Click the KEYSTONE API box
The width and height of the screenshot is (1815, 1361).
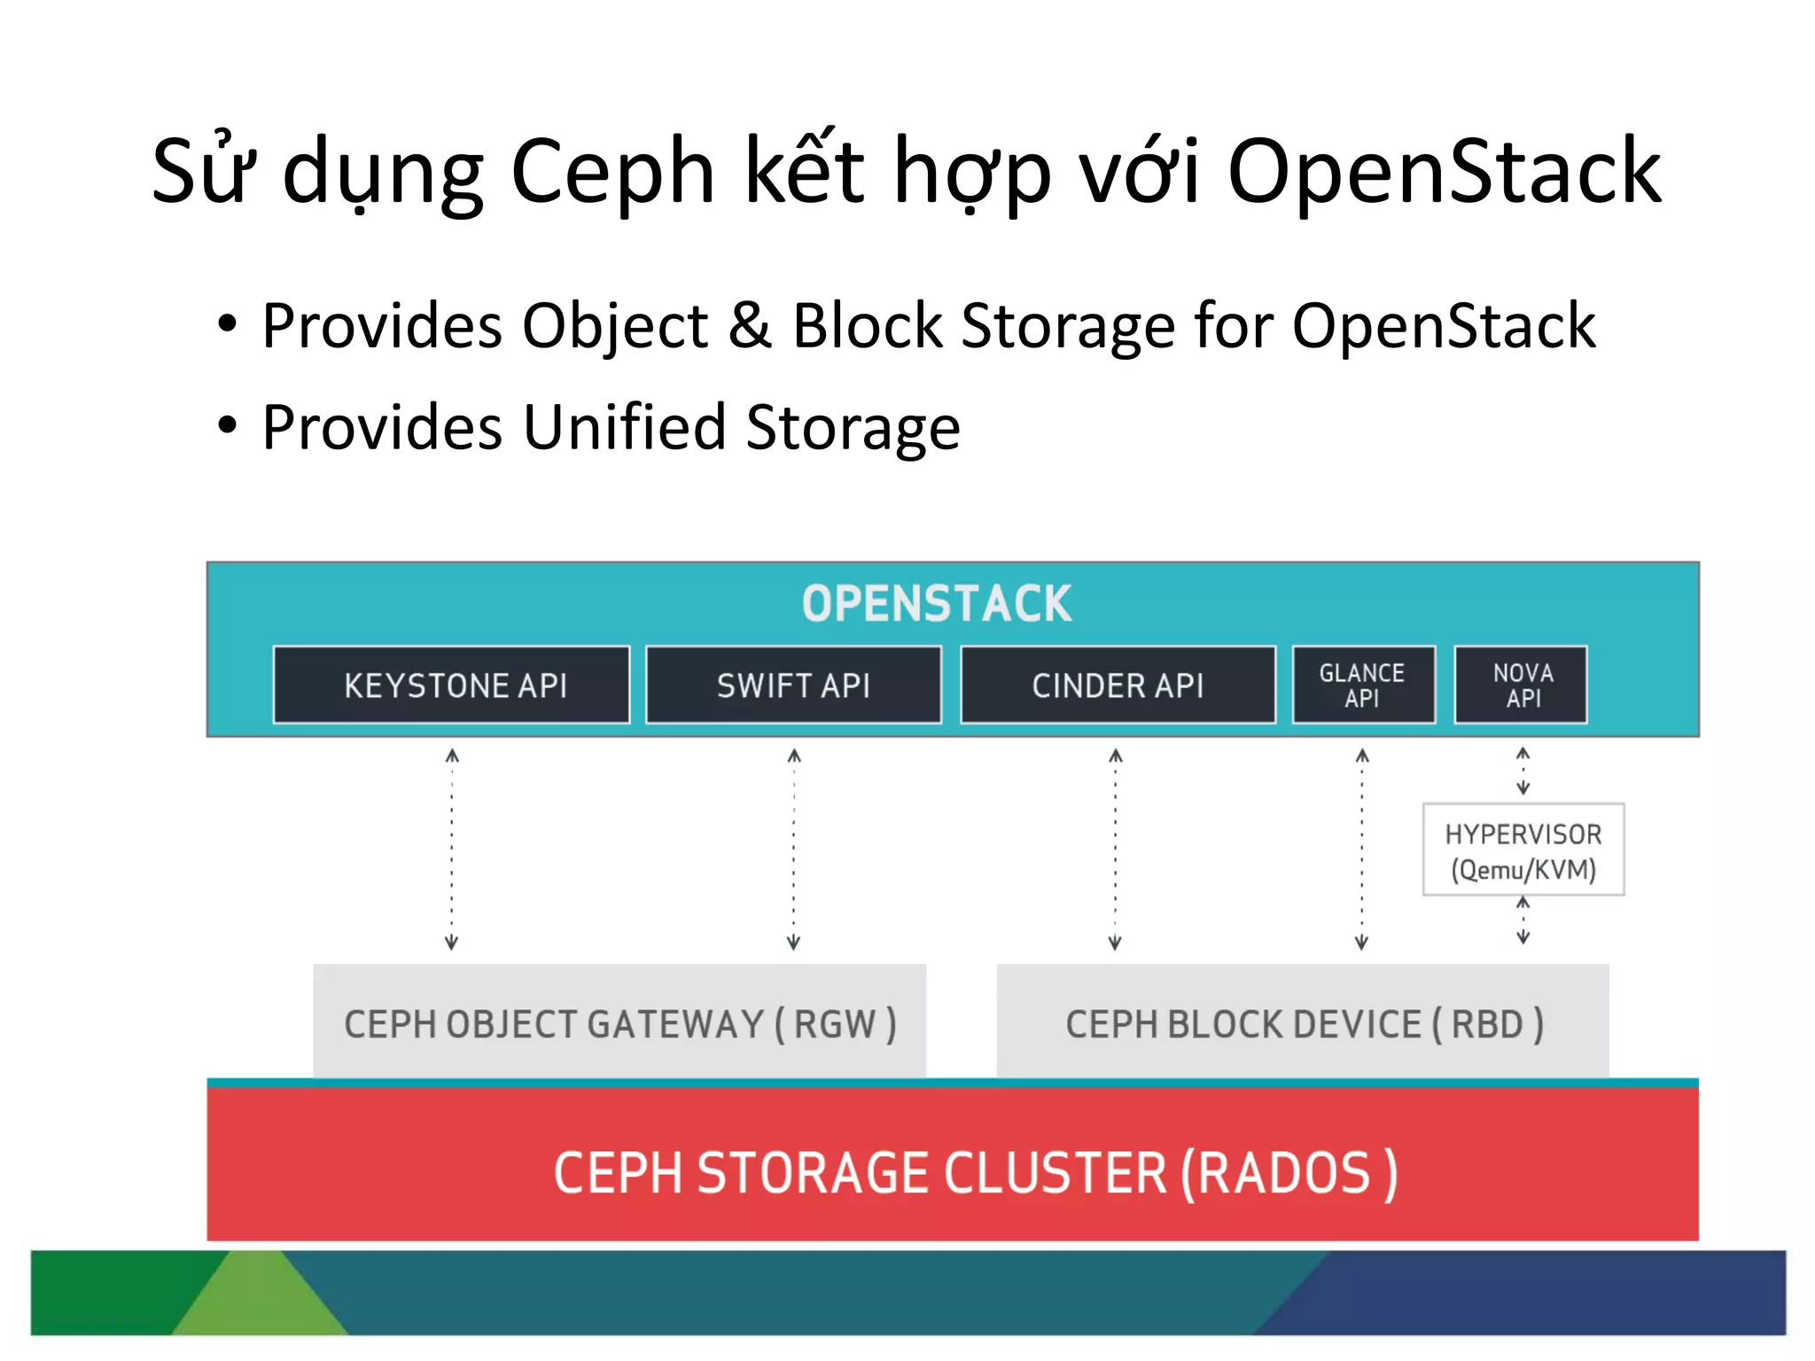(x=452, y=685)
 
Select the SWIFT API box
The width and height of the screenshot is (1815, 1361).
(x=793, y=685)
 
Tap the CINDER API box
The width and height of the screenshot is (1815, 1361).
(x=1118, y=685)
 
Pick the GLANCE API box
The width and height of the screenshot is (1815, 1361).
(x=1363, y=685)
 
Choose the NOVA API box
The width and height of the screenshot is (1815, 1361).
(x=1522, y=685)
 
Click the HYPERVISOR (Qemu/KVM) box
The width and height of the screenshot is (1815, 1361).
(x=1523, y=850)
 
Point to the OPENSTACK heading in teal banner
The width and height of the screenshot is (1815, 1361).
(x=937, y=604)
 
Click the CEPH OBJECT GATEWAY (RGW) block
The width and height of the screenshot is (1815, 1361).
(x=619, y=1023)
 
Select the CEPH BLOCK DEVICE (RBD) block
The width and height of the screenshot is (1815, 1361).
(x=1303, y=1023)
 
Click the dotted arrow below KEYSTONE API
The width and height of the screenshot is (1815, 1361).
(x=452, y=849)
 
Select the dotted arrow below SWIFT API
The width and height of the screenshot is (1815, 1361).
(x=794, y=849)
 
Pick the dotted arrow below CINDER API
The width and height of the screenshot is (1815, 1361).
(x=1116, y=849)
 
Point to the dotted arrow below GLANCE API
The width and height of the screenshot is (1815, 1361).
(x=1362, y=849)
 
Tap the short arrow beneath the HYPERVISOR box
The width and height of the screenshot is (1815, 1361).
(x=1523, y=921)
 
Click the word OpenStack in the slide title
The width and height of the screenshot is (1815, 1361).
(x=1444, y=171)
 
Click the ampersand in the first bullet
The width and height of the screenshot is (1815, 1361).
(x=750, y=326)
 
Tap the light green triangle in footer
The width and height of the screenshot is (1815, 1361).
(x=259, y=1298)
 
